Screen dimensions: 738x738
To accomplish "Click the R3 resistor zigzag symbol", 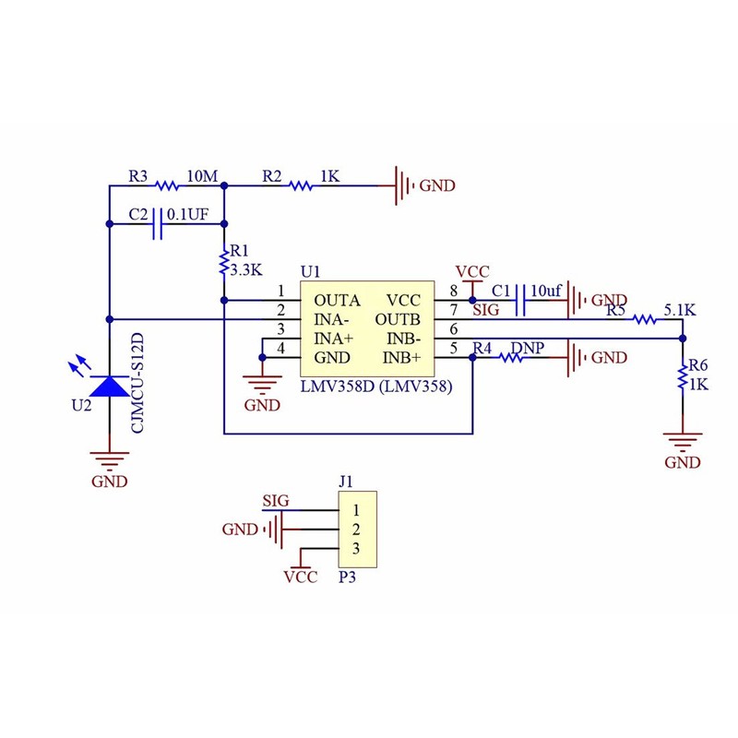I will click(x=167, y=185).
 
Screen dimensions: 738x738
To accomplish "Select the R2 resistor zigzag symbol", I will click(x=301, y=185).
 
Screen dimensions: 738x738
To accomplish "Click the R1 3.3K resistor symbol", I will click(x=223, y=264).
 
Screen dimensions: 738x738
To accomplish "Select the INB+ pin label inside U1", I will click(x=403, y=357).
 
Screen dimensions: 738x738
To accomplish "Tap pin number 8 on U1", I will click(x=453, y=292).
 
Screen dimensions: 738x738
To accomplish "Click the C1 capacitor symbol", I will click(x=522, y=300).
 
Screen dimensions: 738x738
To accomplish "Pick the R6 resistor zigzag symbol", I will click(x=682, y=376).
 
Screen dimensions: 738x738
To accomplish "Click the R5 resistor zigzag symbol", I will click(x=644, y=319).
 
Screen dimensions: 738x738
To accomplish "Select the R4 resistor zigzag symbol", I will click(x=513, y=357).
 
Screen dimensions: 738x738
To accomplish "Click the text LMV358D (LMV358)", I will click(x=375, y=387).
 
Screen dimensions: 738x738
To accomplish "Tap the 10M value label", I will click(x=202, y=175).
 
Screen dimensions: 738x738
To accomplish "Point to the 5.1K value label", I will click(x=679, y=310).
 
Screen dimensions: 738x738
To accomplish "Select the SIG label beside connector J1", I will click(x=275, y=501).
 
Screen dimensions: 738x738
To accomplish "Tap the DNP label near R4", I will click(x=527, y=347).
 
